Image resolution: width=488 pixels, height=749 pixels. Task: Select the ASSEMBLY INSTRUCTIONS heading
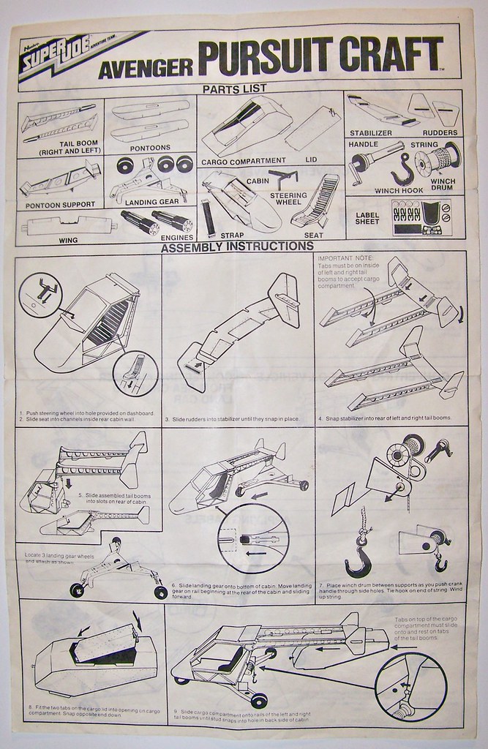click(x=236, y=246)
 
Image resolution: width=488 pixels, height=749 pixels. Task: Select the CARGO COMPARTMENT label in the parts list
click(x=244, y=160)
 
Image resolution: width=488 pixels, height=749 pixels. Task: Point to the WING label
click(x=67, y=239)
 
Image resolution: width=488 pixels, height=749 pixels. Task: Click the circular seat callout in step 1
click(x=135, y=374)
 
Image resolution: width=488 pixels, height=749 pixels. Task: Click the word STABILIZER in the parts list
click(x=372, y=132)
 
